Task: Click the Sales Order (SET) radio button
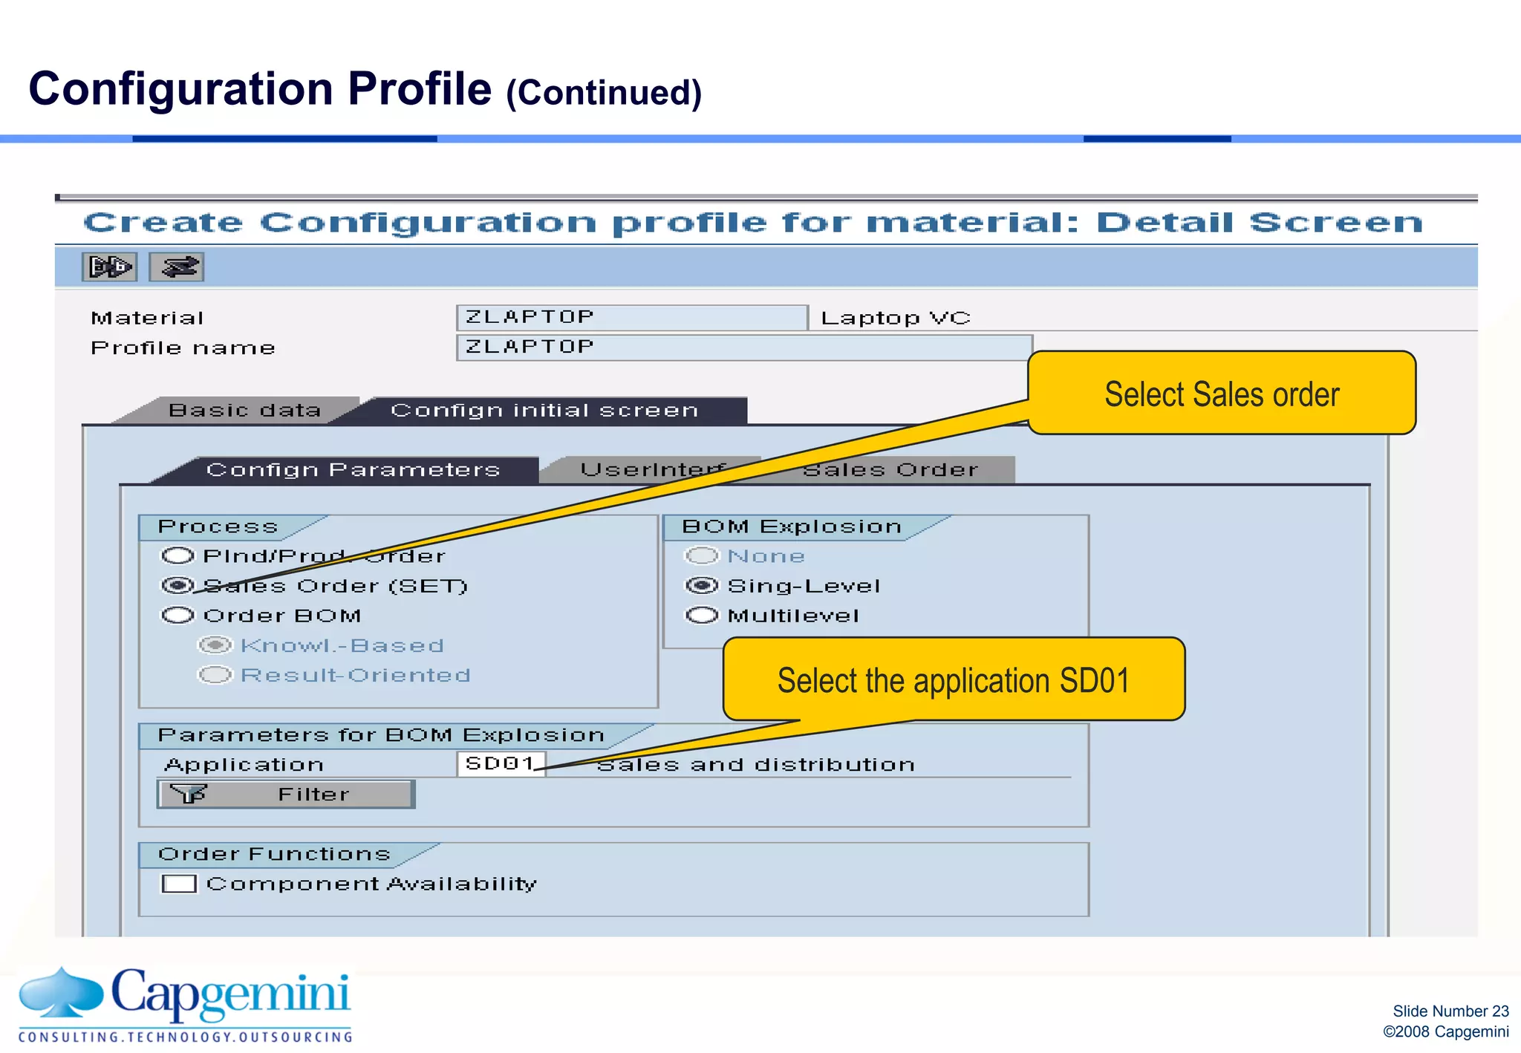tap(178, 586)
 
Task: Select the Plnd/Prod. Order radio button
tap(178, 555)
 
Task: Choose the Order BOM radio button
tap(178, 616)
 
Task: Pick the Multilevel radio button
tap(702, 616)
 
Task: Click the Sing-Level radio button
tap(702, 586)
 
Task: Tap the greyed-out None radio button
tap(702, 555)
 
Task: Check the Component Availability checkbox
tap(179, 884)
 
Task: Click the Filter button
tap(286, 794)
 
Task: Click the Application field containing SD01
tap(501, 763)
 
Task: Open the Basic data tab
tap(244, 411)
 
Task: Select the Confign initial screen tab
tap(544, 411)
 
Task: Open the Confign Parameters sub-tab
tap(353, 470)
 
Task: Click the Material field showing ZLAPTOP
tap(631, 318)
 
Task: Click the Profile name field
tap(743, 348)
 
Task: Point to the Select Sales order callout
tap(1222, 393)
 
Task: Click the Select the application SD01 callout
tap(954, 679)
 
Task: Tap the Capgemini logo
tap(186, 1003)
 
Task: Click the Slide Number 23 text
tap(1450, 1011)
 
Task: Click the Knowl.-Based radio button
tap(215, 645)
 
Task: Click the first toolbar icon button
tap(109, 267)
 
